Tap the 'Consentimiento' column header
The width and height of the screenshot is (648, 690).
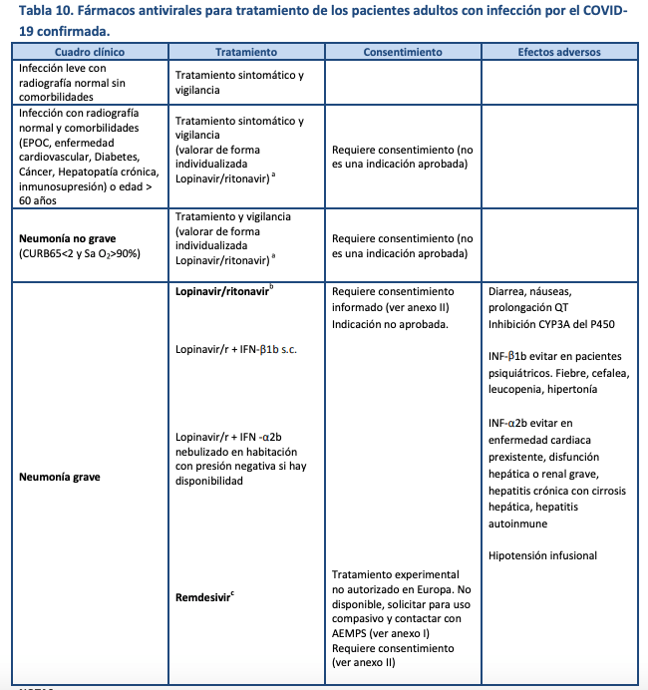pyautogui.click(x=403, y=51)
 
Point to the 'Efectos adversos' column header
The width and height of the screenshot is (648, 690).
pyautogui.click(x=559, y=51)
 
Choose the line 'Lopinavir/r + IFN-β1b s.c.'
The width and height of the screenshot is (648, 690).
pyautogui.click(x=236, y=350)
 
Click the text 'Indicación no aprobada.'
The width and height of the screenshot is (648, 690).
pyautogui.click(x=389, y=324)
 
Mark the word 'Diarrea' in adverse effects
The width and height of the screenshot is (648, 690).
pyautogui.click(x=509, y=292)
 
